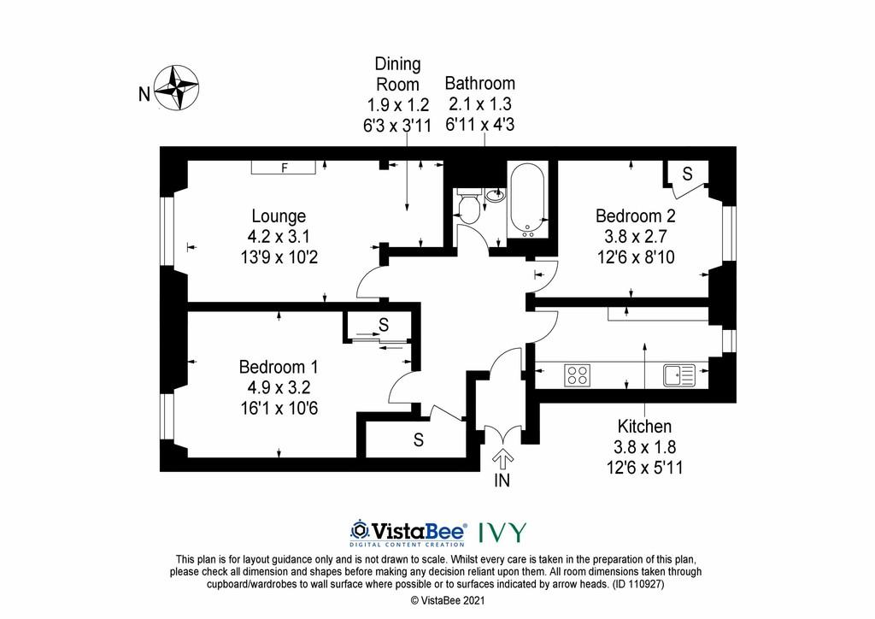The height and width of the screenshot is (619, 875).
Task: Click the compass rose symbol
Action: tap(176, 87)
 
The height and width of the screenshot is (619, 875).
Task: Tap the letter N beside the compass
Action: tap(144, 94)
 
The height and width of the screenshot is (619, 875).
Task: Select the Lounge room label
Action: tap(279, 216)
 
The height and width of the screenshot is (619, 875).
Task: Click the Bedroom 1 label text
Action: tap(279, 367)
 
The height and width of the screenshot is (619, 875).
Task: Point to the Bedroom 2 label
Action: tap(636, 215)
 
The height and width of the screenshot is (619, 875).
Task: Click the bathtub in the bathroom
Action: tap(527, 200)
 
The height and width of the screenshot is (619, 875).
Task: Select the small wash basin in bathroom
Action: tap(496, 195)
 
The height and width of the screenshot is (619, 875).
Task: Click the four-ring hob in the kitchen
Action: tap(577, 375)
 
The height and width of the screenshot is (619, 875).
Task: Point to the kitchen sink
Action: tap(679, 375)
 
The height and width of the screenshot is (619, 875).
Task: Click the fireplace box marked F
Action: tap(284, 168)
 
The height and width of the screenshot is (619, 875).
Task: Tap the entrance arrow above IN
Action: tap(502, 459)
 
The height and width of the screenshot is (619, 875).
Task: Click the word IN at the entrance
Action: tap(502, 480)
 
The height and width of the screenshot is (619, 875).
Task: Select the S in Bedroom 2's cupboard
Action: tap(688, 174)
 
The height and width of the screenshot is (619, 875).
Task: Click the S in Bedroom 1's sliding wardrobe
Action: tap(384, 324)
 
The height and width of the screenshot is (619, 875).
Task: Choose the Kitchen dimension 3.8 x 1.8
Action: tap(644, 447)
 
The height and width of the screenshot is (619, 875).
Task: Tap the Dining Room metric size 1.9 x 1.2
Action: tap(397, 104)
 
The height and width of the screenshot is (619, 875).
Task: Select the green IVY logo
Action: tap(502, 533)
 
